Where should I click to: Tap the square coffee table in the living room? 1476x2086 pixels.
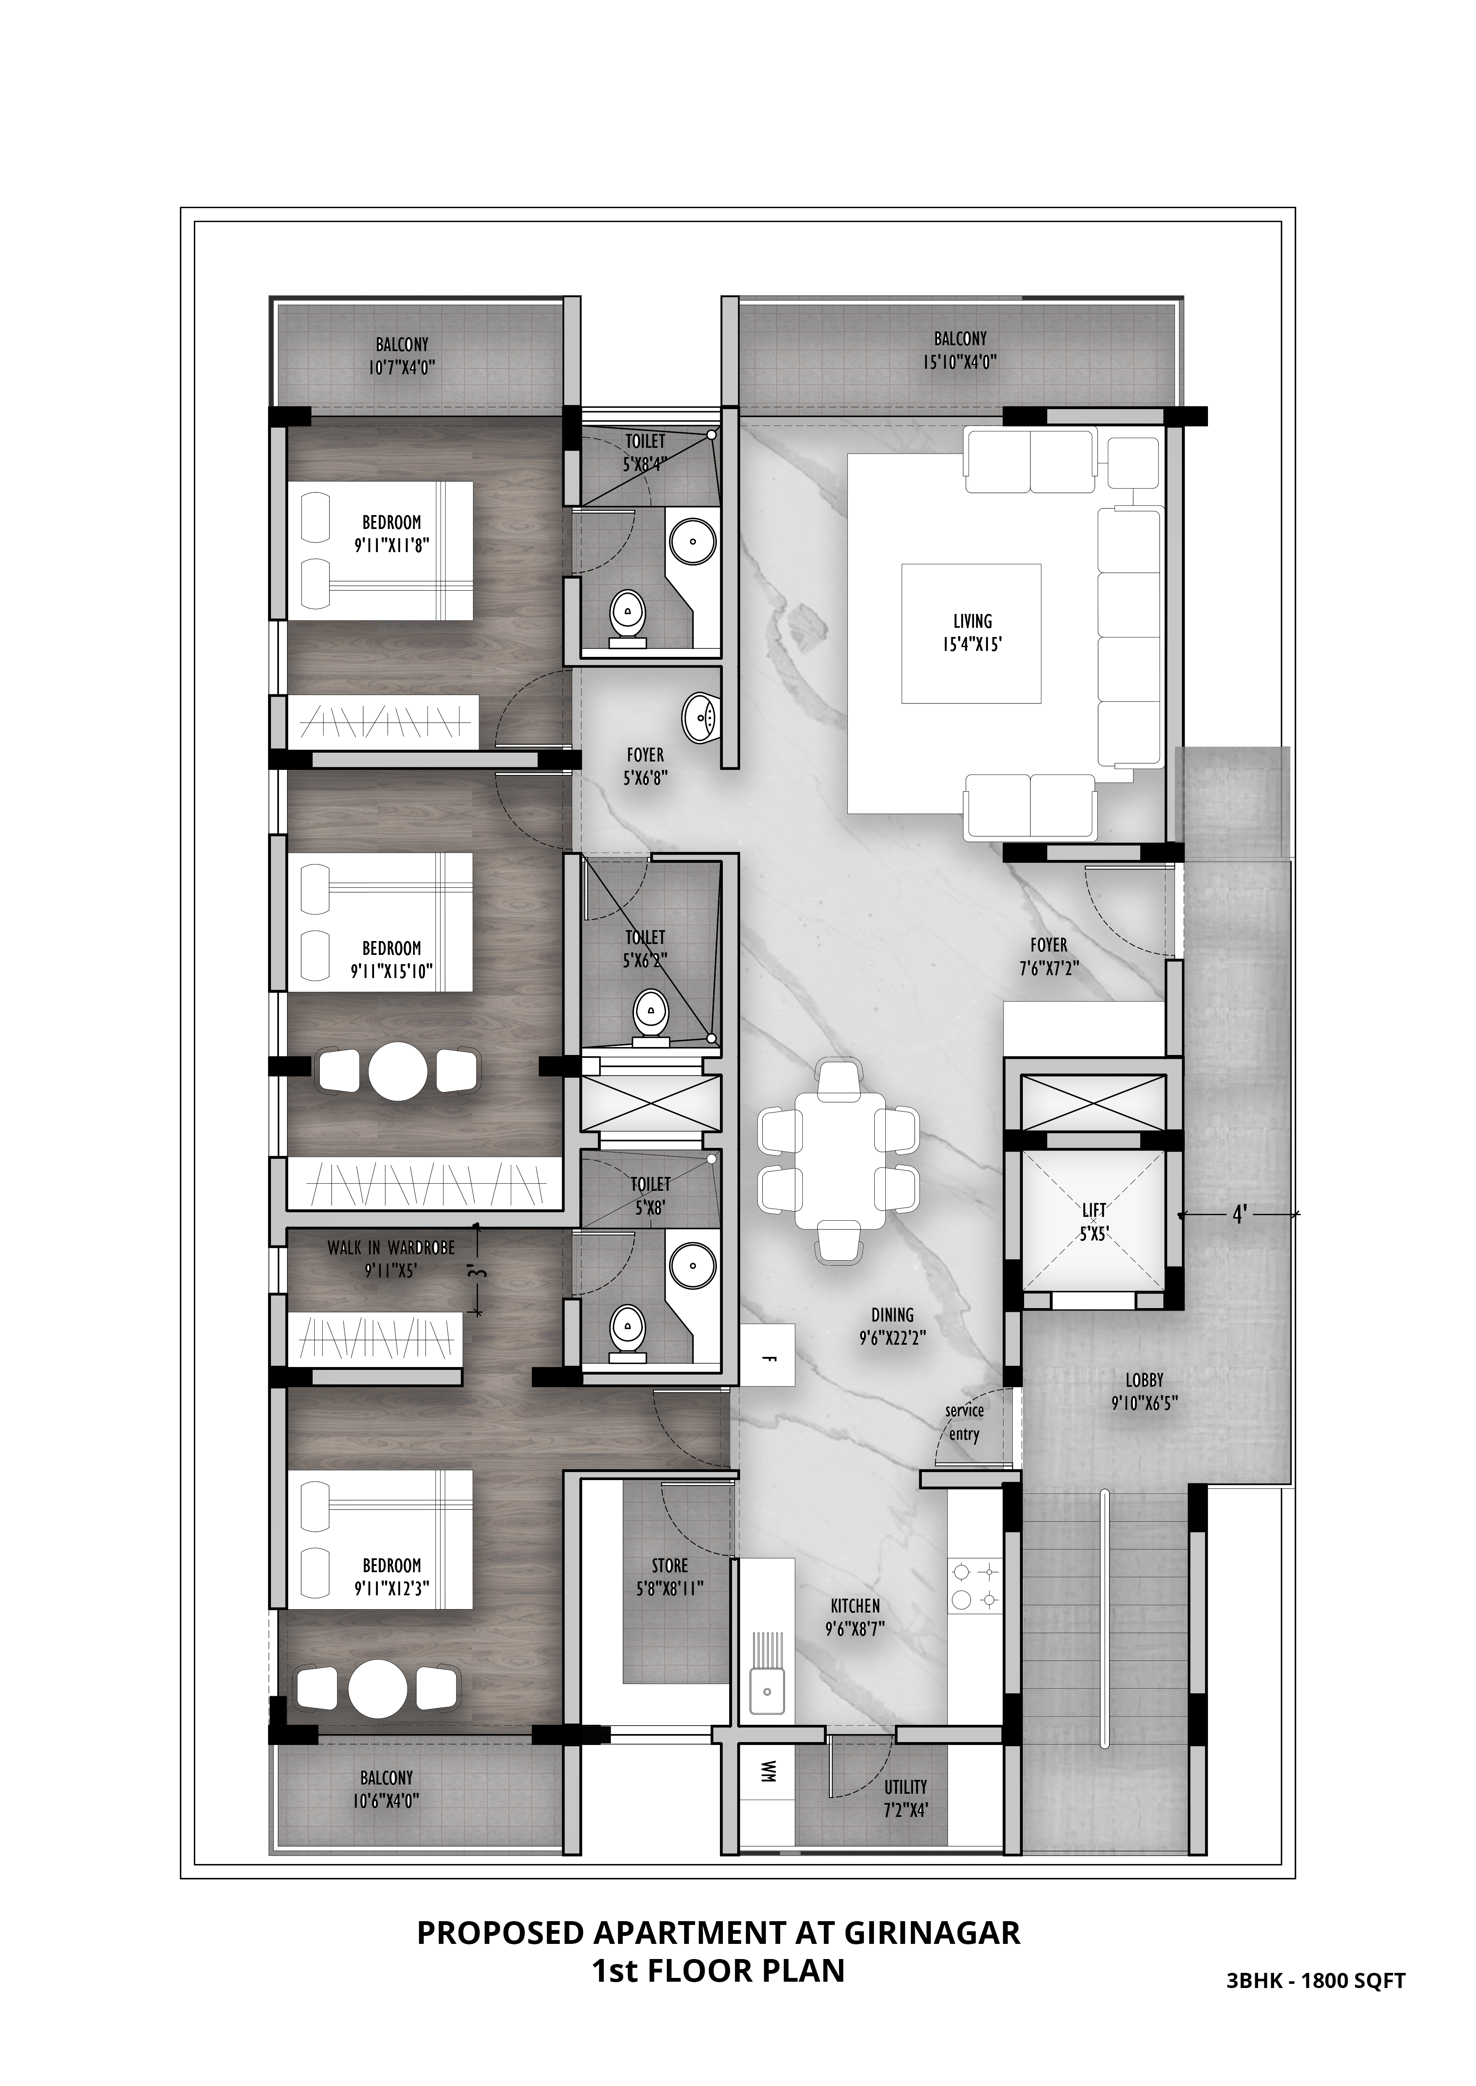pos(972,633)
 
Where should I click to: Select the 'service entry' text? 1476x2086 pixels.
pos(964,1423)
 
